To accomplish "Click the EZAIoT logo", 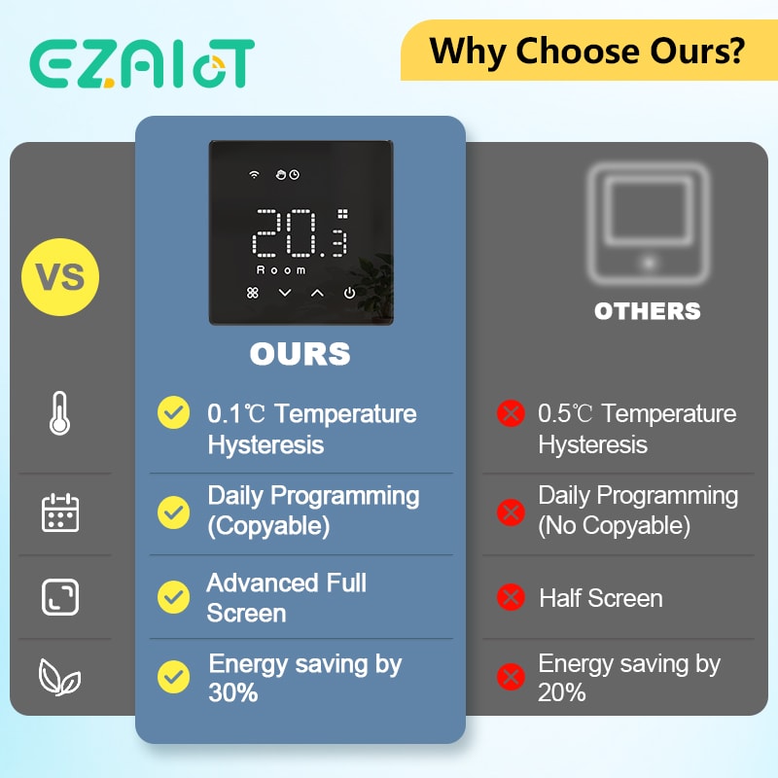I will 142,64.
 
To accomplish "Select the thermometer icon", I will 59,415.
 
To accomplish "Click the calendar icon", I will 60,512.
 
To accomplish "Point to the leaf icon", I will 59,678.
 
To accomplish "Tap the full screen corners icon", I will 60,596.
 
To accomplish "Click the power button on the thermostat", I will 349,293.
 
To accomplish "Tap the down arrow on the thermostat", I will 285,293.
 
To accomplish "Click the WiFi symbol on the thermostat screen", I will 255,175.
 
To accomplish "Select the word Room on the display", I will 281,269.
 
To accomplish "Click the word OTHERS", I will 647,311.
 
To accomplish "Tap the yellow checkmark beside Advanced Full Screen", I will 173,595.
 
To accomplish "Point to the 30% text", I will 233,692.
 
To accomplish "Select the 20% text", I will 562,692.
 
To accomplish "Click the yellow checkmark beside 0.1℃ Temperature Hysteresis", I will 173,413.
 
